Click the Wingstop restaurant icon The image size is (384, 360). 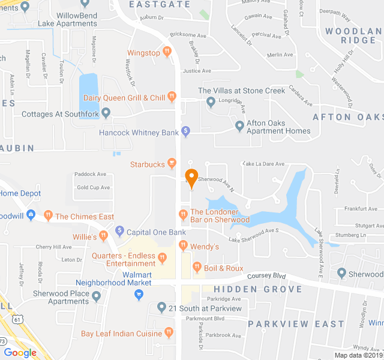click(x=167, y=53)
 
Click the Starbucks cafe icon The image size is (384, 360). click(x=172, y=163)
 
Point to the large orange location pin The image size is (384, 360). click(x=191, y=178)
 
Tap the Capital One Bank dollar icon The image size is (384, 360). click(x=119, y=230)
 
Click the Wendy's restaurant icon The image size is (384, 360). click(x=184, y=244)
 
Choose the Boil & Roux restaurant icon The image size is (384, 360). click(x=197, y=266)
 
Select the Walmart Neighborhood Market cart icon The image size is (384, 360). click(x=139, y=295)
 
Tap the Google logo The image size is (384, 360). click(x=20, y=352)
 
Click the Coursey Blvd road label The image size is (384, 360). click(x=268, y=277)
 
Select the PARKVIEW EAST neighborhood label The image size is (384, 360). click(x=296, y=324)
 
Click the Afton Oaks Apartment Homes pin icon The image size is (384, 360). click(x=240, y=125)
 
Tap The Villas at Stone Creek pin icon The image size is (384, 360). click(x=211, y=103)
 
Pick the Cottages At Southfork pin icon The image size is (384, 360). click(x=106, y=112)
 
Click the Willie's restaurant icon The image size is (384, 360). click(x=104, y=236)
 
